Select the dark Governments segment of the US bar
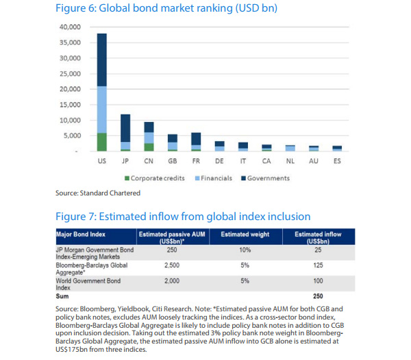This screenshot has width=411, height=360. click(x=101, y=59)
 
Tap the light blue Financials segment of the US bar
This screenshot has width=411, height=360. click(x=101, y=109)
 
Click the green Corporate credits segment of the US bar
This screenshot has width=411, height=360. click(x=101, y=141)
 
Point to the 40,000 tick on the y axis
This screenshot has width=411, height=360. click(x=70, y=27)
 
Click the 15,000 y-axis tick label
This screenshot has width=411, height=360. click(x=70, y=104)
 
